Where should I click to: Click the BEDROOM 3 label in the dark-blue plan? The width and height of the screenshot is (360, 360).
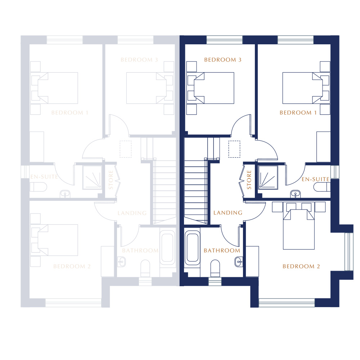tap(223, 60)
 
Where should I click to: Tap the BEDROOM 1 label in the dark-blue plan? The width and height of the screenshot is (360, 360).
tap(298, 113)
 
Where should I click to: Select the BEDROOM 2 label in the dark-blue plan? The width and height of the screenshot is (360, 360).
tap(301, 266)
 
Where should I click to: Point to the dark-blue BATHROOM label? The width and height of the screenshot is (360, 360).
tap(222, 251)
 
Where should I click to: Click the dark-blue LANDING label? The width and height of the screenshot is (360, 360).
tap(228, 213)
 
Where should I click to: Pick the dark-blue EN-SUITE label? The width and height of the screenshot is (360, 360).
tap(315, 179)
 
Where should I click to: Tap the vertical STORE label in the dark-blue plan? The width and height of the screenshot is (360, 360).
tap(249, 180)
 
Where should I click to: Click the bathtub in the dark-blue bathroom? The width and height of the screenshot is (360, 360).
tap(192, 248)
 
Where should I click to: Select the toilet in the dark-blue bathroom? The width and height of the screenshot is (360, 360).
tap(215, 268)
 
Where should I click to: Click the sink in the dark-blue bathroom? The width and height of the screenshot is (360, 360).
tap(239, 262)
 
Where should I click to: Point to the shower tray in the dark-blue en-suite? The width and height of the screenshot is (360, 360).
tap(268, 177)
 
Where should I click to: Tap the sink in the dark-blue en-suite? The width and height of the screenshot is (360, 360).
tap(295, 194)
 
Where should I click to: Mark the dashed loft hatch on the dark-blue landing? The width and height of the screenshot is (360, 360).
tap(234, 149)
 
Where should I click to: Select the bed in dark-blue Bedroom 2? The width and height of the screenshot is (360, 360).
tap(299, 226)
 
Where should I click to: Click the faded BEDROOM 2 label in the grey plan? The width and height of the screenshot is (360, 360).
tap(72, 266)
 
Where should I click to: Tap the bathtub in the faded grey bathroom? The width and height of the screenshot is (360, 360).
tap(167, 248)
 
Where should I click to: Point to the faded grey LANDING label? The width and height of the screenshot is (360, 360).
tap(132, 213)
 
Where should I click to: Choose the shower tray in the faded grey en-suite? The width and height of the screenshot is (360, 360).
tap(92, 177)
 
